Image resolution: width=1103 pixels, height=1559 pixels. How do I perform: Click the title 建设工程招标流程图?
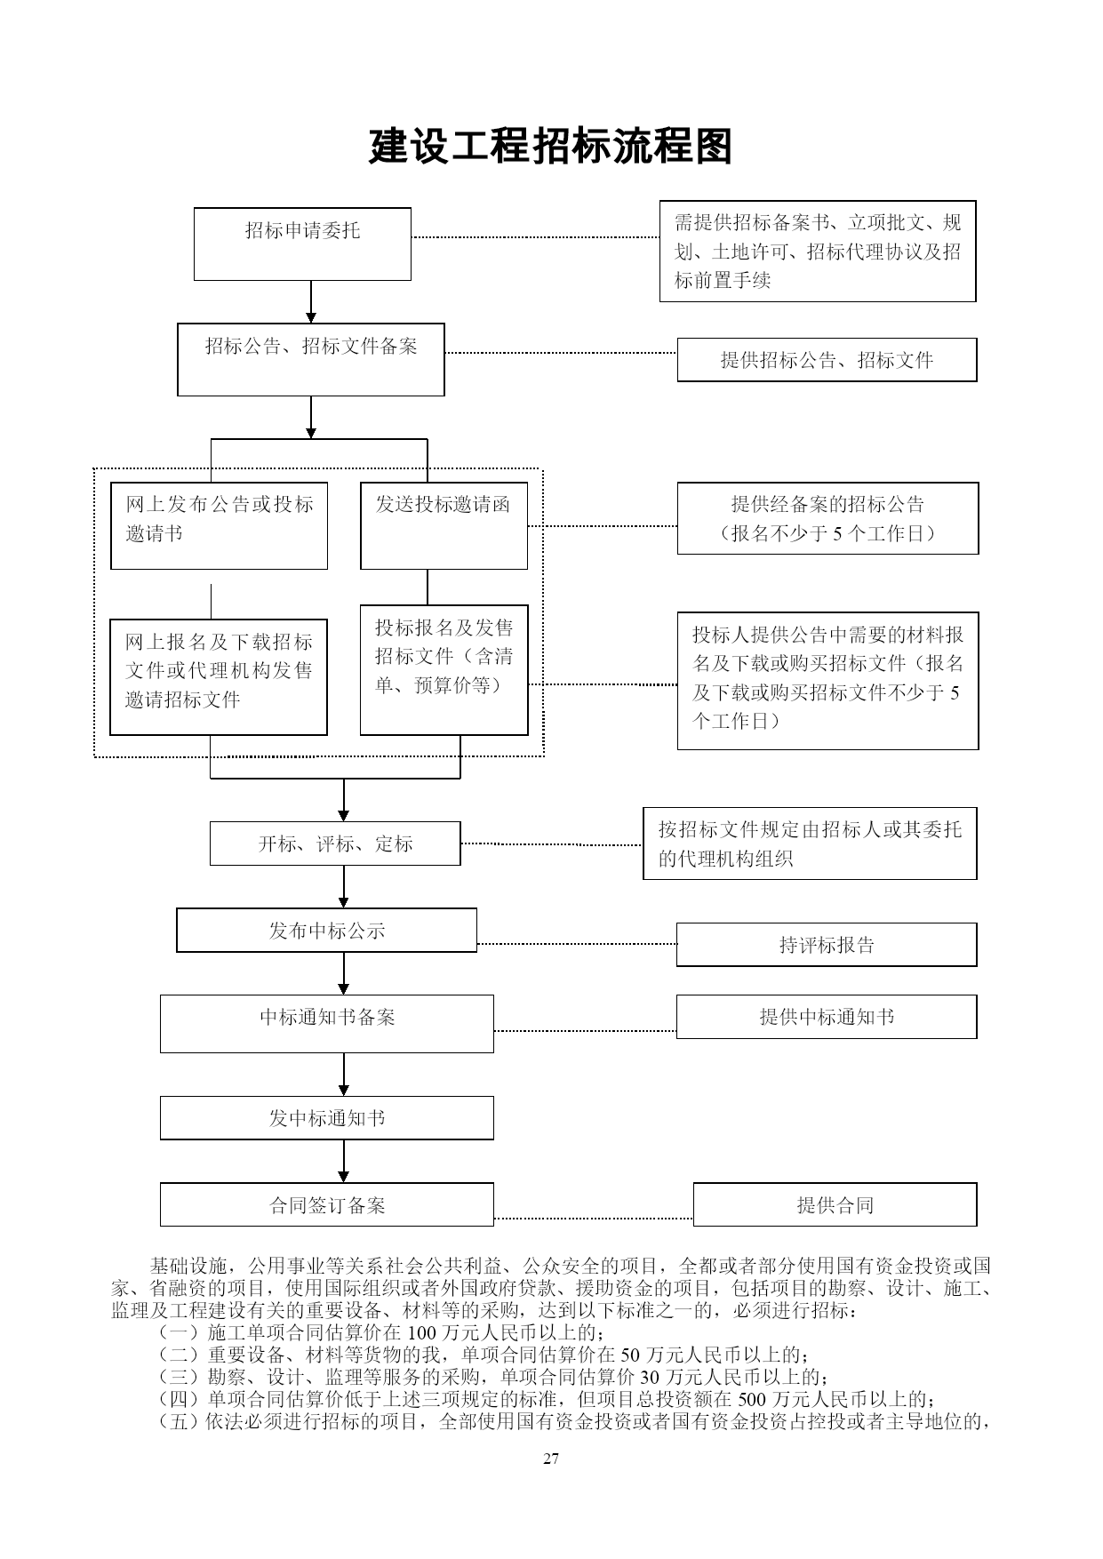click(x=550, y=147)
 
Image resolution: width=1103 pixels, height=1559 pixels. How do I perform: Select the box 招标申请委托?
click(x=302, y=244)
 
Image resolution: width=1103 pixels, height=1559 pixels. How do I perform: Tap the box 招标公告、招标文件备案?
click(x=311, y=360)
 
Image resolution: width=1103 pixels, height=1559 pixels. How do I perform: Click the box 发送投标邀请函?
click(x=444, y=525)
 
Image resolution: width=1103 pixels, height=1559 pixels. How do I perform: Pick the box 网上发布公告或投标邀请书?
click(x=219, y=525)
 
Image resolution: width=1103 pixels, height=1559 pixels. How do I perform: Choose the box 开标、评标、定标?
click(x=335, y=843)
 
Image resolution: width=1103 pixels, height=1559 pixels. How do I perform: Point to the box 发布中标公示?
click(x=326, y=930)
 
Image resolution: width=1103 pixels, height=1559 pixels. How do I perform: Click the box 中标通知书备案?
click(x=326, y=1024)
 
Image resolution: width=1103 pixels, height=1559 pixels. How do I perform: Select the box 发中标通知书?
click(x=326, y=1118)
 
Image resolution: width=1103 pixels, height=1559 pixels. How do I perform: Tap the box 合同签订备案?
click(x=326, y=1205)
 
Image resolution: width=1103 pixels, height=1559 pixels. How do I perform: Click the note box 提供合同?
click(x=835, y=1204)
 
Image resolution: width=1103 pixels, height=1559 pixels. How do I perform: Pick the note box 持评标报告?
click(x=827, y=945)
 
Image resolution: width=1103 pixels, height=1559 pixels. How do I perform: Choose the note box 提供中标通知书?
click(x=827, y=1017)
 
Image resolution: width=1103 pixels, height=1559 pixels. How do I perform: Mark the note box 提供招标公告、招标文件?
click(x=827, y=360)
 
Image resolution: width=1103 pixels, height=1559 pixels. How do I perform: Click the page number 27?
click(x=551, y=1459)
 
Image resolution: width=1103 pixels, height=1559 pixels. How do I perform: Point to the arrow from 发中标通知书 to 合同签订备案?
click(x=344, y=1162)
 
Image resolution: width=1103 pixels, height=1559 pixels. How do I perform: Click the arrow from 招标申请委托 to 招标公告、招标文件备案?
click(x=311, y=302)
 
